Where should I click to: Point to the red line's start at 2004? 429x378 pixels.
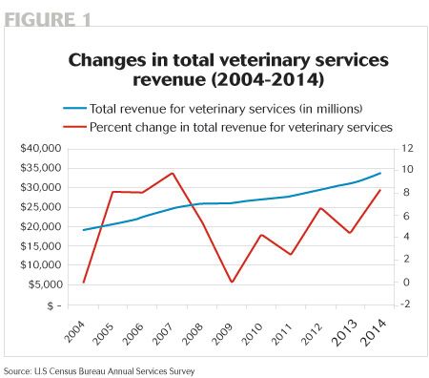[x=84, y=282]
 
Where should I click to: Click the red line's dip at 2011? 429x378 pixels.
[x=291, y=254]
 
